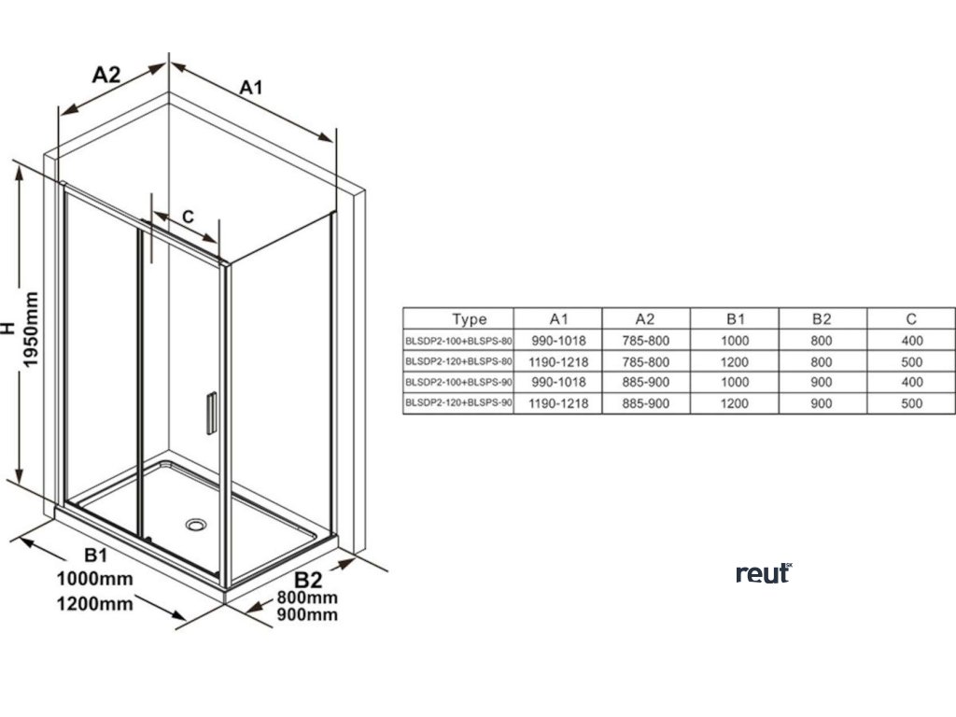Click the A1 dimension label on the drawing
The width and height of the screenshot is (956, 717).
pos(250,88)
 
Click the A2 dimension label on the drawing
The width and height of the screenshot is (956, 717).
pos(106,76)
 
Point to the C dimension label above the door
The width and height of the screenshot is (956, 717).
pos(188,217)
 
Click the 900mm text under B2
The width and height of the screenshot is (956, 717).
pos(308,614)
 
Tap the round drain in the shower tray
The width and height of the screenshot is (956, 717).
pos(196,524)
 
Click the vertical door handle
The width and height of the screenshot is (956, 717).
pos(211,412)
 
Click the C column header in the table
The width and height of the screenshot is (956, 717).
pos(911,319)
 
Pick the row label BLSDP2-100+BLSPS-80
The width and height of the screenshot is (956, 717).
pos(458,341)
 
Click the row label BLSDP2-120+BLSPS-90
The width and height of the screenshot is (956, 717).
pos(458,403)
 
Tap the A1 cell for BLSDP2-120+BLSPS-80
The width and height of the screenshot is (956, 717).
pos(558,361)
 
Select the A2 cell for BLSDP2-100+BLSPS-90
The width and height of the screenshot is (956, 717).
pos(646,382)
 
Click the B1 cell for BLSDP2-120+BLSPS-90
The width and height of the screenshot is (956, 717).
pos(734,403)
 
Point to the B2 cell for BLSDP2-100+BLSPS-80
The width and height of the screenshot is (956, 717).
pos(822,341)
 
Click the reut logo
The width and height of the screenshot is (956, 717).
pos(763,572)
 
